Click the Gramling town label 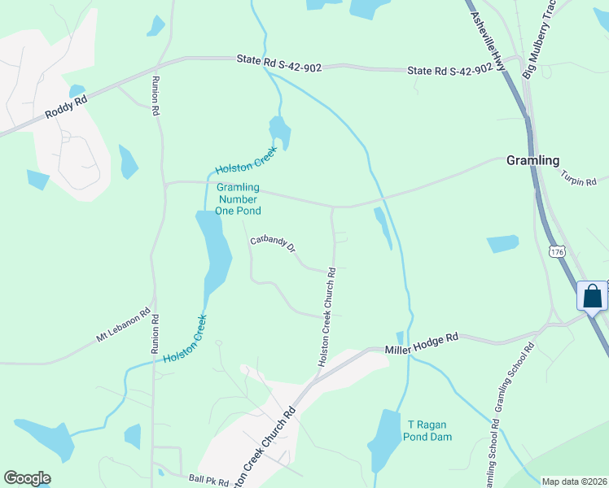pyautogui.click(x=533, y=159)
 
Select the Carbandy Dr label pyautogui.click(x=273, y=245)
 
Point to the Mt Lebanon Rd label pyautogui.click(x=124, y=325)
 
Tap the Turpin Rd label pyautogui.click(x=579, y=176)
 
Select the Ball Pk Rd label pyautogui.click(x=208, y=480)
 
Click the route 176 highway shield pyautogui.click(x=555, y=252)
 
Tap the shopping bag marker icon pyautogui.click(x=592, y=296)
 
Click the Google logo pyautogui.click(x=27, y=478)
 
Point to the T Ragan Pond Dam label pyautogui.click(x=427, y=430)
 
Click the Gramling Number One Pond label pyautogui.click(x=238, y=198)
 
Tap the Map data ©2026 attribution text pyautogui.click(x=573, y=481)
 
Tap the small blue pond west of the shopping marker pyautogui.click(x=502, y=243)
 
